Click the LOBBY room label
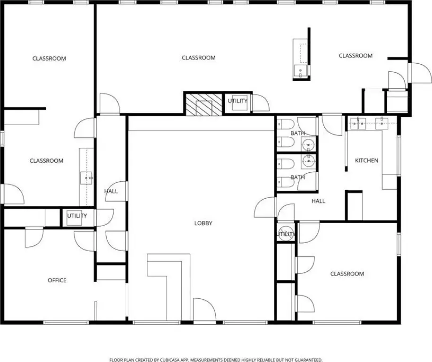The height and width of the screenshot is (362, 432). (x=203, y=223)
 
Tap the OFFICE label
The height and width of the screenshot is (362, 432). (x=57, y=280)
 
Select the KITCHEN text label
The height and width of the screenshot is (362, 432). (x=366, y=160)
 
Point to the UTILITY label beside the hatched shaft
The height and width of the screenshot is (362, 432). (x=237, y=101)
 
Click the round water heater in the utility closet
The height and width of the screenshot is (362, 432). (x=285, y=234)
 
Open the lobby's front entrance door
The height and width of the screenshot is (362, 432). (x=204, y=309)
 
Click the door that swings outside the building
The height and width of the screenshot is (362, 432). (x=420, y=73)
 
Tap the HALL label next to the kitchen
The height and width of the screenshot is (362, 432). (x=318, y=201)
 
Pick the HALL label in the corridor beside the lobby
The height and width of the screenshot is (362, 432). (x=111, y=191)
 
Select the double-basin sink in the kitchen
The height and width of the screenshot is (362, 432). (x=358, y=123)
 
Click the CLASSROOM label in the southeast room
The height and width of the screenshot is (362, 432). (x=347, y=274)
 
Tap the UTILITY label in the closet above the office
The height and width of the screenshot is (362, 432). (x=77, y=216)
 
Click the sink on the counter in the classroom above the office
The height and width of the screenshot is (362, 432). (x=86, y=178)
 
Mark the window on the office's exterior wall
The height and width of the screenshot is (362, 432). (x=66, y=322)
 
